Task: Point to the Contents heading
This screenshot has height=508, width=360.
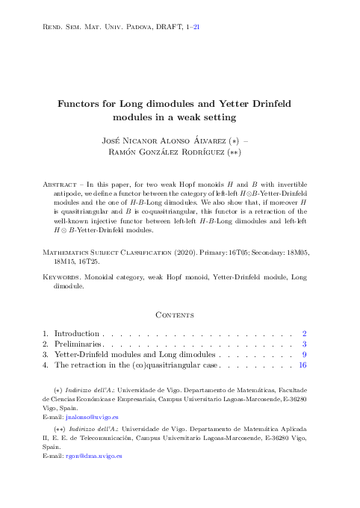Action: click(179, 316)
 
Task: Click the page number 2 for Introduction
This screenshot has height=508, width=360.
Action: click(304, 333)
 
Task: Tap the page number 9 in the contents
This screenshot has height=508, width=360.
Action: click(304, 355)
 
